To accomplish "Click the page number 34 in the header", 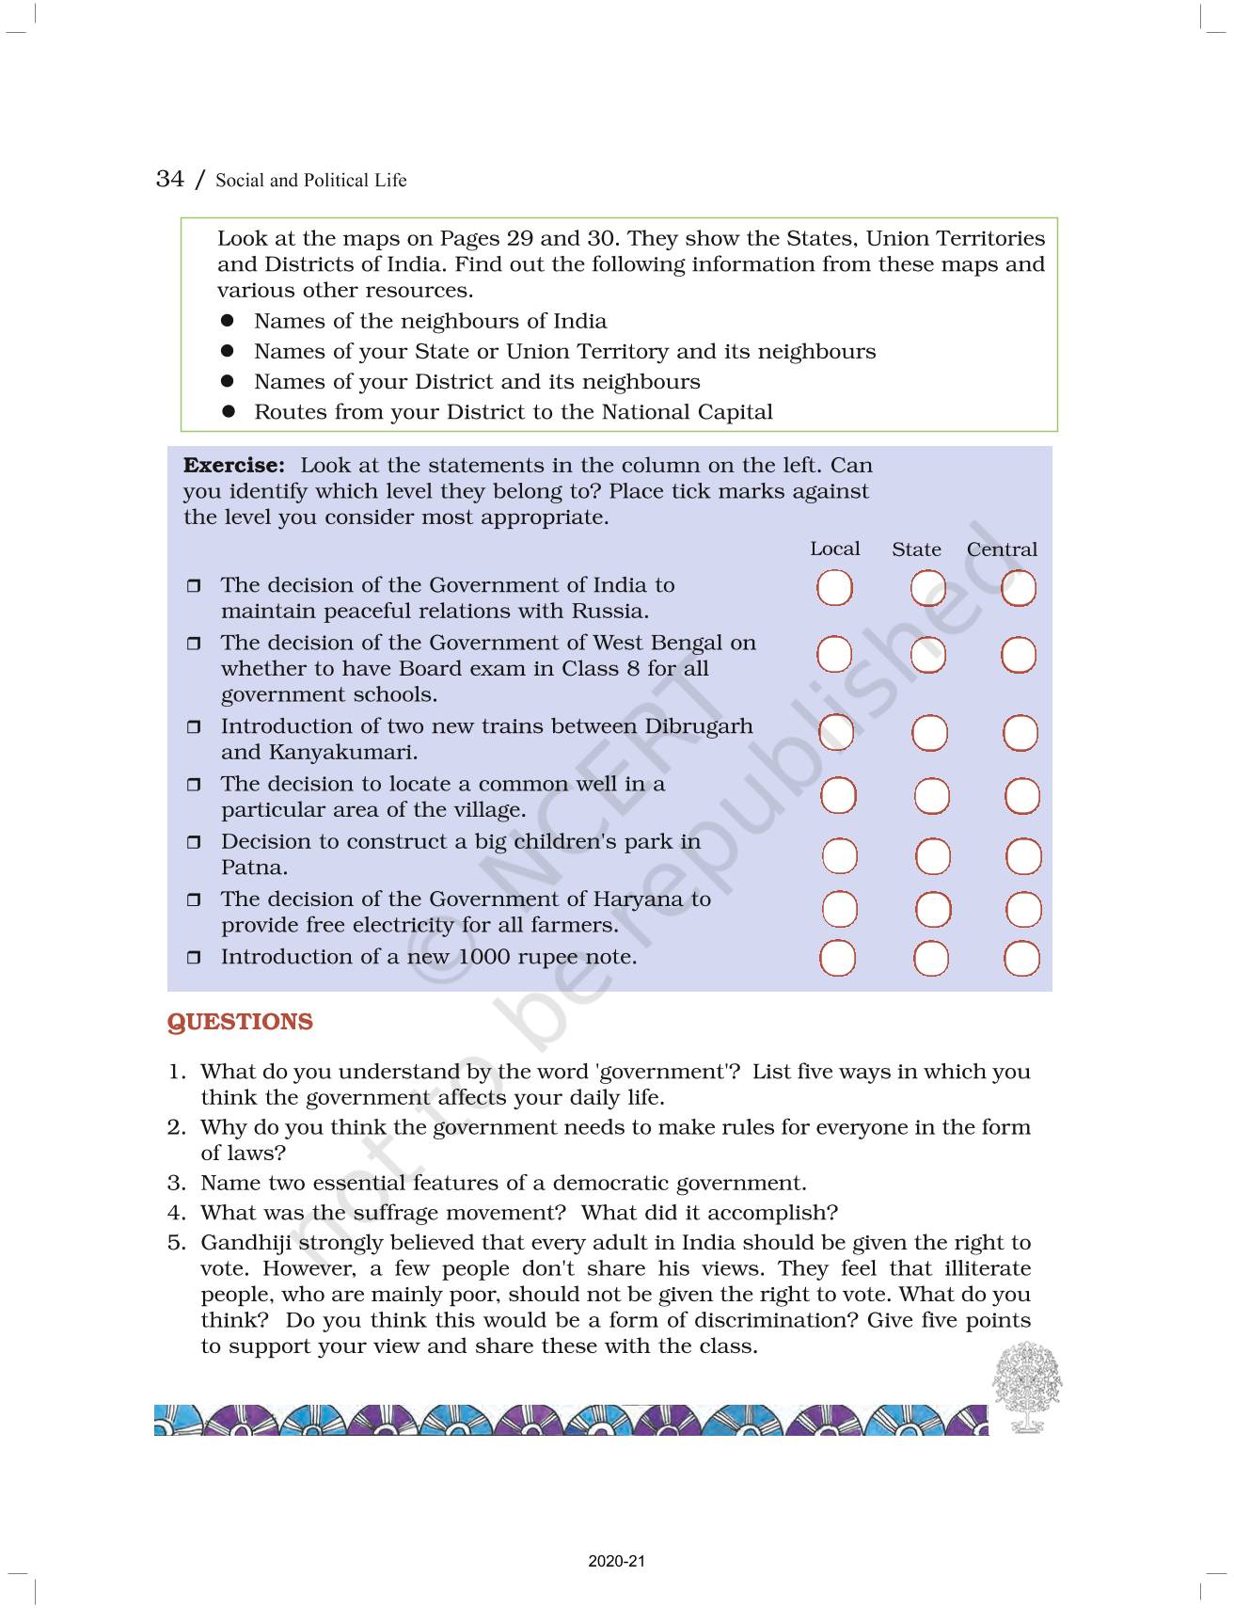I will [169, 179].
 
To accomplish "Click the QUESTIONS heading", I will [240, 1022].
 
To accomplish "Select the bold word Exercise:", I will [233, 465].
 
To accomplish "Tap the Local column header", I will [834, 549].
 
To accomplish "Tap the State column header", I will [916, 549].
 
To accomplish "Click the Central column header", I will [1002, 549].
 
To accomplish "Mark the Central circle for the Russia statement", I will [1018, 589].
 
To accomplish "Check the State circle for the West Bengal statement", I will [927, 655].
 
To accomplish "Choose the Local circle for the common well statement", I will [838, 796].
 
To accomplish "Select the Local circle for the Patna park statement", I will [839, 856].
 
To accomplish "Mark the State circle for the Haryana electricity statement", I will [932, 910].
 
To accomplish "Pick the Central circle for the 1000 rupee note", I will [1021, 959].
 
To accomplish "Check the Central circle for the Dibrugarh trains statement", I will [1020, 733].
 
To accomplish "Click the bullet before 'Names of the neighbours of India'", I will [227, 321].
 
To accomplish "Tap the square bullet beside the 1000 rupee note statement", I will [194, 958].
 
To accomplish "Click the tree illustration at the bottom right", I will [1026, 1387].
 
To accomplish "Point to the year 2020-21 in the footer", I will [617, 1562].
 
